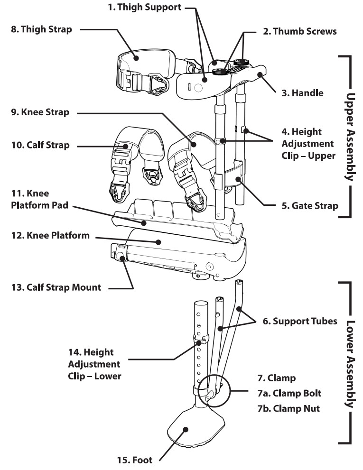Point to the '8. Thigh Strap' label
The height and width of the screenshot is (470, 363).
(x=41, y=30)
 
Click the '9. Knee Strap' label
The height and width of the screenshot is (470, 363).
(x=39, y=113)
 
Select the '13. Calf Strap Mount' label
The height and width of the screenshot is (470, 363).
(x=56, y=287)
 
